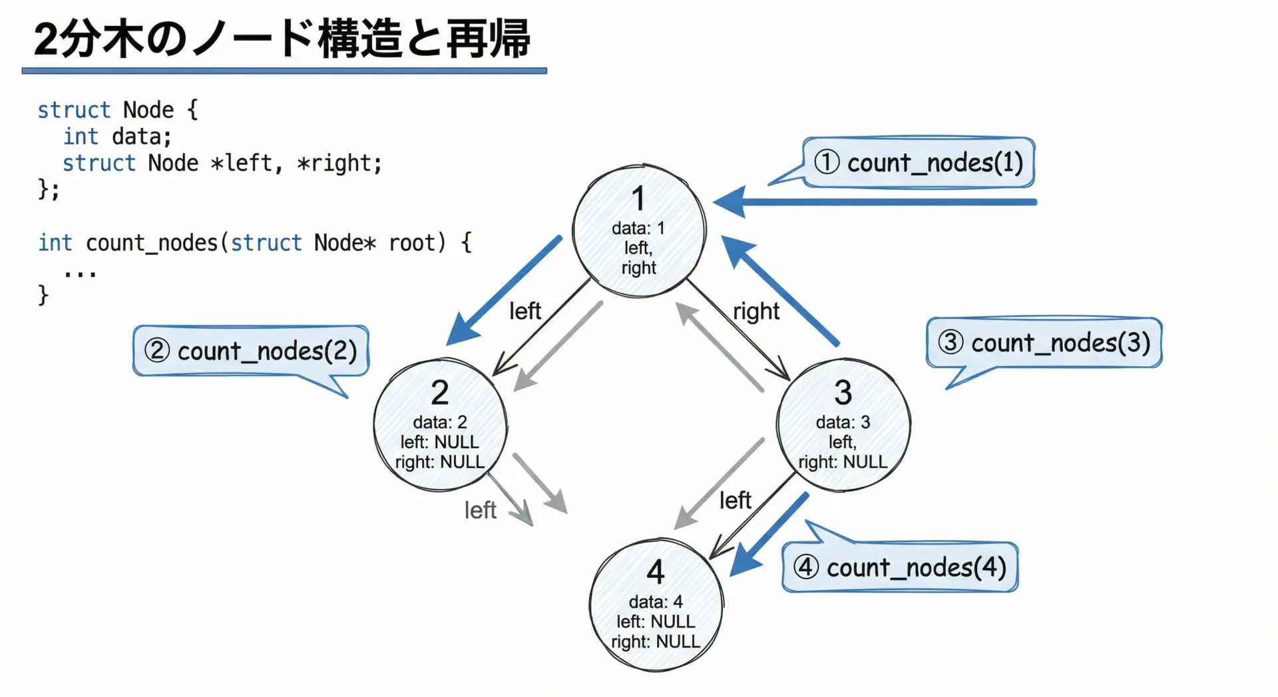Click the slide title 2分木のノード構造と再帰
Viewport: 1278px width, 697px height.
pos(282,39)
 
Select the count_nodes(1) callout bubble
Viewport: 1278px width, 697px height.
pos(919,162)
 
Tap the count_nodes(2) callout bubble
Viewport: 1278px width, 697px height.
pos(251,351)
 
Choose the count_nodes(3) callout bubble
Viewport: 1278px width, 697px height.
pos(1044,343)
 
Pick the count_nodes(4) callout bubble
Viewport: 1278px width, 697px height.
pos(900,568)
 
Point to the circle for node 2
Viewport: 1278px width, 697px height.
pos(440,425)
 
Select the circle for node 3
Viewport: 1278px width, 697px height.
pos(843,425)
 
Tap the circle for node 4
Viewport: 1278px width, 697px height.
pos(656,604)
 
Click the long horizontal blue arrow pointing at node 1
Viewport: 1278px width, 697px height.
pos(879,202)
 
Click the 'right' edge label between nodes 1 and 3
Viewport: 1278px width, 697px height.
pos(756,311)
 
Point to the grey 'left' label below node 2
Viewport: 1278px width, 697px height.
pos(480,511)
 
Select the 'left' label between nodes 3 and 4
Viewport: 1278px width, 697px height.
pos(735,501)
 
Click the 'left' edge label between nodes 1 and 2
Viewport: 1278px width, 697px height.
pos(525,311)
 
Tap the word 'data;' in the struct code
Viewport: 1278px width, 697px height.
pos(141,136)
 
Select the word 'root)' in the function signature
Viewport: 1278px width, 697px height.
pos(417,243)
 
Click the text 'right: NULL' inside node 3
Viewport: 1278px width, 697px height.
pos(843,462)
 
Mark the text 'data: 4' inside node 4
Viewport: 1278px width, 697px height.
pos(656,602)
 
